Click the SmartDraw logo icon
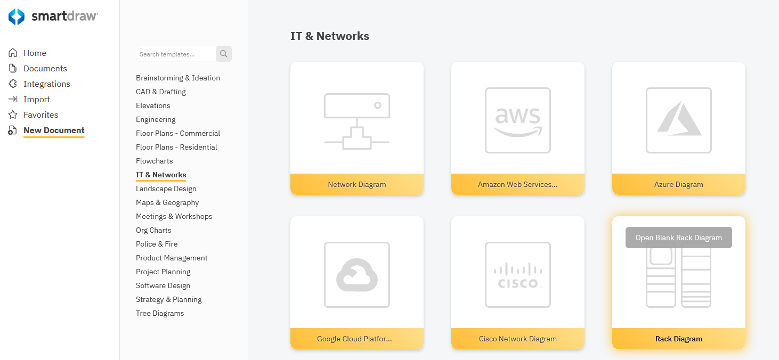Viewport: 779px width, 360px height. tap(17, 17)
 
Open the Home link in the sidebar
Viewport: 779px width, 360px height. tap(35, 53)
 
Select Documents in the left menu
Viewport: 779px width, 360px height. tap(45, 69)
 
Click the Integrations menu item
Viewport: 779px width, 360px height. tap(46, 84)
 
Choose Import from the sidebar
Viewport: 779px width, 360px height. tap(36, 100)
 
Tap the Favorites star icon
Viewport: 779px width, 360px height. tap(13, 115)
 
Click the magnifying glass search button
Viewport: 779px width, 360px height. tap(224, 54)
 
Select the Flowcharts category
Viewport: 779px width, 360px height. tap(155, 161)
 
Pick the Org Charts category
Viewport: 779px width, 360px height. tap(153, 230)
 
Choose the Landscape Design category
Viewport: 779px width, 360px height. tap(166, 189)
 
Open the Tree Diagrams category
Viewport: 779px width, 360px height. tap(160, 313)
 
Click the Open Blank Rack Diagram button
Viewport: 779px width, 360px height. tap(678, 238)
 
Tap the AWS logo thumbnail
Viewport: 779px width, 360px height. tap(518, 121)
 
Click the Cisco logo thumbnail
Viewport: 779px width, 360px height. tap(518, 275)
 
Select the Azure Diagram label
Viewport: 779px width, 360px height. tap(678, 184)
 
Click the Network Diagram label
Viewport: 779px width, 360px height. tap(357, 184)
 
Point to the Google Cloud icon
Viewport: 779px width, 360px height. tap(357, 275)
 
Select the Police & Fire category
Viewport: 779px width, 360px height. tap(157, 244)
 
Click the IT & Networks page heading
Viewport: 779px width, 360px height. tap(330, 36)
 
